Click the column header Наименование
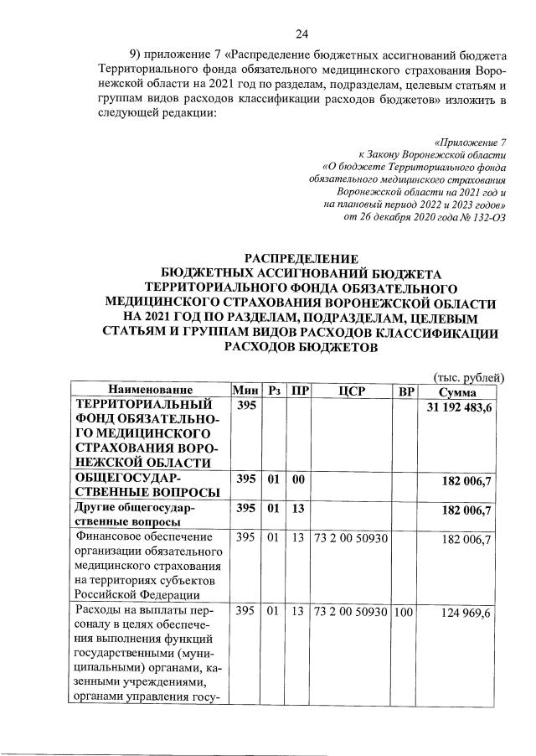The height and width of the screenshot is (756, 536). tap(149, 391)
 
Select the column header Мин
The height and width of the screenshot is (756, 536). tap(245, 391)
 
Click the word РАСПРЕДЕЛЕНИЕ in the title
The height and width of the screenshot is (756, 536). tap(301, 258)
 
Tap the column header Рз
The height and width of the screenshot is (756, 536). tap(274, 391)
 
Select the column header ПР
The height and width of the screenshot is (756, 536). tap(296, 391)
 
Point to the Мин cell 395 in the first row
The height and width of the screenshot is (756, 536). tap(245, 406)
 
